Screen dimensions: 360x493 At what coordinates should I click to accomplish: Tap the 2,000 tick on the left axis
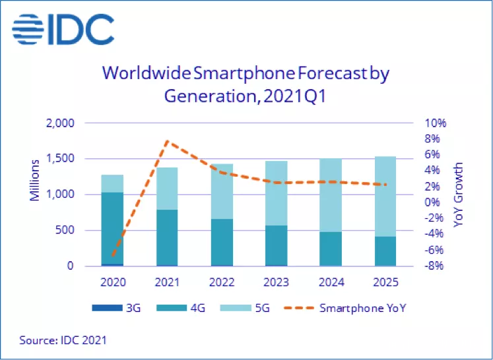[61, 123]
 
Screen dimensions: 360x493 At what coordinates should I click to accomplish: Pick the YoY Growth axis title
[458, 195]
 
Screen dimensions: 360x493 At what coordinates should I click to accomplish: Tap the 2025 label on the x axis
[385, 282]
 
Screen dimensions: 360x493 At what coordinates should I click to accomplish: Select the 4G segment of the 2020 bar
[112, 227]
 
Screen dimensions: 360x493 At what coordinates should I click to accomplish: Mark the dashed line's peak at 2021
[167, 141]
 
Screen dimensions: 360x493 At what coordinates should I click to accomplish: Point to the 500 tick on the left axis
[67, 231]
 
